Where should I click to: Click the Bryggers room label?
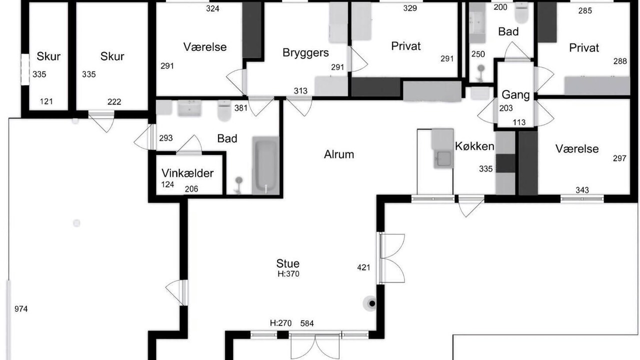(x=305, y=53)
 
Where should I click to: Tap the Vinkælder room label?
(x=187, y=173)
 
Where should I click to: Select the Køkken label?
(x=474, y=146)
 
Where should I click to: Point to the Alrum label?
(x=339, y=154)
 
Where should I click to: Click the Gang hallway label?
(x=515, y=94)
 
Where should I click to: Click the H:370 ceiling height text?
(x=288, y=274)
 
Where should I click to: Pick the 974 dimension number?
(x=21, y=309)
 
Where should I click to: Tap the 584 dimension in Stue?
(x=307, y=323)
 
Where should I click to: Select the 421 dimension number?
(x=363, y=267)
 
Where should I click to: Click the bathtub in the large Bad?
(x=265, y=165)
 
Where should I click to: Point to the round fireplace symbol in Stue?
(x=371, y=303)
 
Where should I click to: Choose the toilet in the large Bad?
(x=224, y=111)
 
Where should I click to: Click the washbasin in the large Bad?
(x=189, y=109)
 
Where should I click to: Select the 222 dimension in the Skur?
(x=114, y=101)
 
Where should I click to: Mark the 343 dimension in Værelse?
(x=582, y=190)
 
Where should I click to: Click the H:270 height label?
(x=281, y=323)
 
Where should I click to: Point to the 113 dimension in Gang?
(x=519, y=122)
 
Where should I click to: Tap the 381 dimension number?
(x=240, y=108)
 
